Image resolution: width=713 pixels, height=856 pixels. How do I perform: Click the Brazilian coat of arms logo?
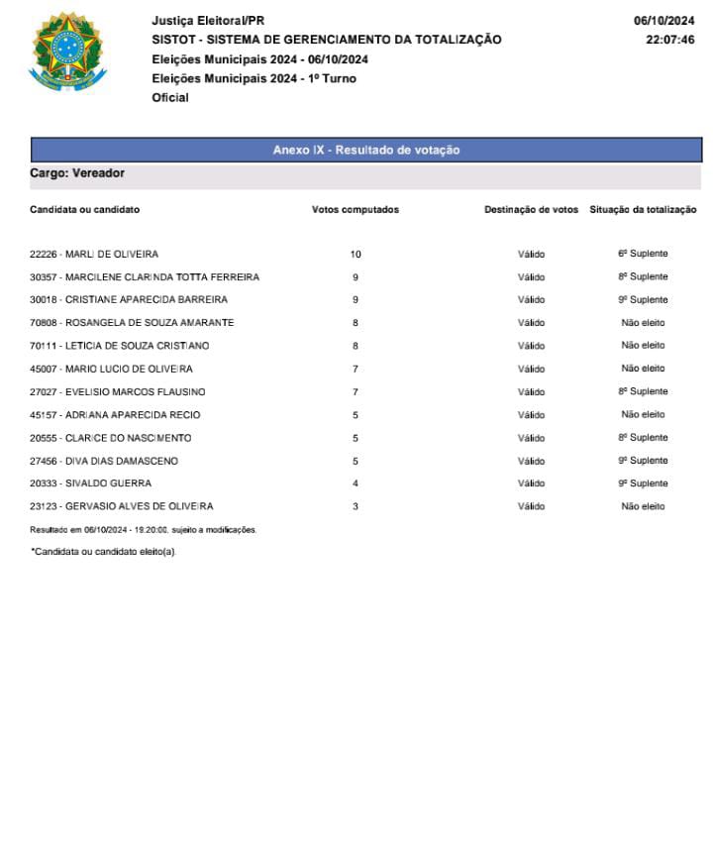click(67, 51)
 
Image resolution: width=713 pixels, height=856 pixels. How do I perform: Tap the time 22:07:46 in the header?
click(669, 40)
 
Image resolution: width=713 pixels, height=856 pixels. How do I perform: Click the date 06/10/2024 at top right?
click(663, 21)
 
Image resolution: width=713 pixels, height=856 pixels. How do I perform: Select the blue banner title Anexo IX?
click(366, 150)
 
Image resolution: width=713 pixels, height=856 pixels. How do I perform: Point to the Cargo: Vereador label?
click(77, 173)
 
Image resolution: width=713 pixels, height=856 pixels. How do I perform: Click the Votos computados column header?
click(356, 210)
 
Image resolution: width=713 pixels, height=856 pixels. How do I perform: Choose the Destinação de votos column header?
click(531, 210)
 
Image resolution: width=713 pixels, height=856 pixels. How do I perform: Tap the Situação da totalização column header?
click(643, 210)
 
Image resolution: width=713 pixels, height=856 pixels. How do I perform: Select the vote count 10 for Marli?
click(356, 255)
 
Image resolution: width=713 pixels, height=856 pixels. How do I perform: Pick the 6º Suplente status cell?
click(643, 254)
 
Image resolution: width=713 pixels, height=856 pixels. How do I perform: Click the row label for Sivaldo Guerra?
click(90, 483)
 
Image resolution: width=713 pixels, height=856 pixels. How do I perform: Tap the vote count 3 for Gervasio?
click(356, 506)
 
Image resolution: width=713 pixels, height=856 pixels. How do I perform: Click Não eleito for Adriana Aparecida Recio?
click(643, 414)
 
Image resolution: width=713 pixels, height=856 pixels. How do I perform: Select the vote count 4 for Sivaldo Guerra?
click(356, 483)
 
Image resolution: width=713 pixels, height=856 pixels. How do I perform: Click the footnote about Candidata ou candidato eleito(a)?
click(103, 551)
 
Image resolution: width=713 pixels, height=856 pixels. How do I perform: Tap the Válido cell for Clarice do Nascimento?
click(531, 438)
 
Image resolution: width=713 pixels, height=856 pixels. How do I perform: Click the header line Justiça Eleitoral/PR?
click(208, 21)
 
